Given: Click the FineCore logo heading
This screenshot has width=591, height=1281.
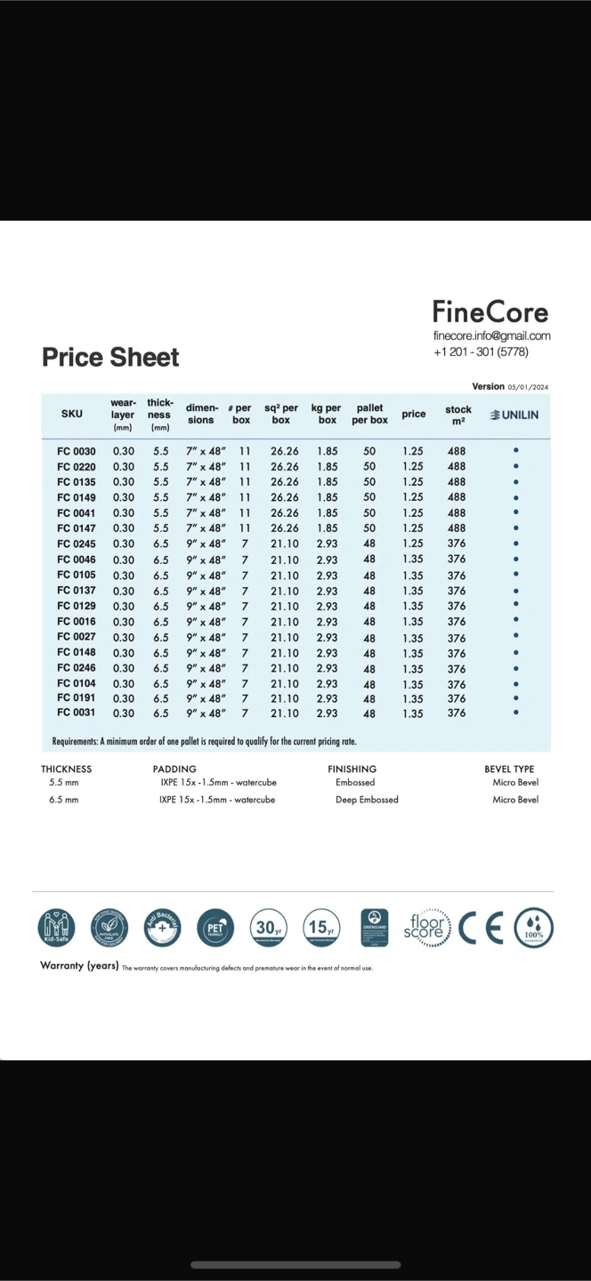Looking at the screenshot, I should (490, 312).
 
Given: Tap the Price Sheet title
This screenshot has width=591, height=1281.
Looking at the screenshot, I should (110, 358).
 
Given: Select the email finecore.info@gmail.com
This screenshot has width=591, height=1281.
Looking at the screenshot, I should (491, 335).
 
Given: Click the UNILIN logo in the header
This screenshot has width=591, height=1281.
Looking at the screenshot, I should (514, 415).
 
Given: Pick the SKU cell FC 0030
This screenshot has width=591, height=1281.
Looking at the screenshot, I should (77, 451).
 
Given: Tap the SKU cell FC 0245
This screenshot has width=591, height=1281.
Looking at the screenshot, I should (77, 544).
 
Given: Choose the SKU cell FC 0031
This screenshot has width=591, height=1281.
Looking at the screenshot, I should (77, 713).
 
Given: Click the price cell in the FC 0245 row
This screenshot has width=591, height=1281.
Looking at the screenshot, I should (413, 544).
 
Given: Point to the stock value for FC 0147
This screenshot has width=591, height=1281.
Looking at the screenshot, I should (457, 528).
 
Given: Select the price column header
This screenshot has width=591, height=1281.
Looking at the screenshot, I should (414, 415).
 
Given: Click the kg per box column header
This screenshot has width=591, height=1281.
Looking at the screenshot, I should (327, 414).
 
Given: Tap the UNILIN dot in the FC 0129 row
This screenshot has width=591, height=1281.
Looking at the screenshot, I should (516, 605).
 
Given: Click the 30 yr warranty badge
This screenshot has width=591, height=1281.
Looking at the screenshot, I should (268, 928).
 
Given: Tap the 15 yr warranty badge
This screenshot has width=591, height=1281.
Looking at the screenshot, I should (320, 928).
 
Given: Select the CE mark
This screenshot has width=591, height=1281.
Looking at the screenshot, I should (482, 928).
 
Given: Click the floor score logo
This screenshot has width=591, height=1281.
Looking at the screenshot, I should (425, 928).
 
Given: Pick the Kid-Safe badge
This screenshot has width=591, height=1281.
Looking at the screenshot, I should (56, 928).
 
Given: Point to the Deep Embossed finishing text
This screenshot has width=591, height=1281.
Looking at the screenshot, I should (367, 800).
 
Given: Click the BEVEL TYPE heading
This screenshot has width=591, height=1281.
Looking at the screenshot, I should (509, 769).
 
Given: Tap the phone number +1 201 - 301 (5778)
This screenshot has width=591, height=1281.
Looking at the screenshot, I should (481, 351).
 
